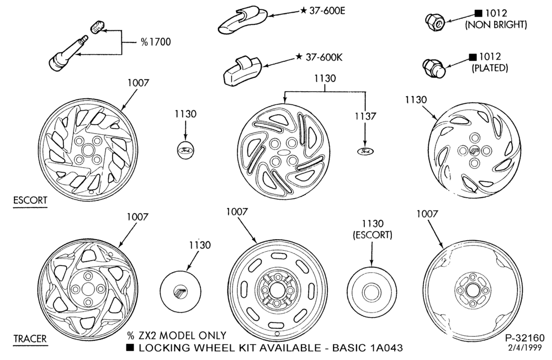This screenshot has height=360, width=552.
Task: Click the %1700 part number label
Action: pos(156,42)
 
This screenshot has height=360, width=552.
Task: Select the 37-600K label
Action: pos(319,57)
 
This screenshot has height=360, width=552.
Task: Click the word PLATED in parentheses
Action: pos(490,67)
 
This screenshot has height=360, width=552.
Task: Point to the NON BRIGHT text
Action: pos(496,25)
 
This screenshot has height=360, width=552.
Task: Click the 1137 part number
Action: pos(365,116)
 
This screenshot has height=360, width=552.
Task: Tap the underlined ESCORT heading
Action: pos(30,200)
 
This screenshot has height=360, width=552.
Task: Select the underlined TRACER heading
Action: pos(30,339)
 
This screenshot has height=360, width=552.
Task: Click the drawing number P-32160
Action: pos(525,338)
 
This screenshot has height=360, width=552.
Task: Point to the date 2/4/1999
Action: pos(526,347)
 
